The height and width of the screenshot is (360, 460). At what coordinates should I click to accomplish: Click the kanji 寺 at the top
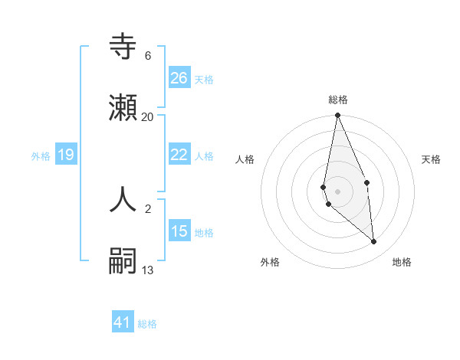(123, 47)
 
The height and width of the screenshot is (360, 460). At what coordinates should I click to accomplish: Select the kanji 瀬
(123, 106)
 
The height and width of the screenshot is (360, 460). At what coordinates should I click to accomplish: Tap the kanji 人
(123, 198)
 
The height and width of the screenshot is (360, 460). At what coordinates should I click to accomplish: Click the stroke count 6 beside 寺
(148, 56)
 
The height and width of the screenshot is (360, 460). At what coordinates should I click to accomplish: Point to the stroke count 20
(148, 116)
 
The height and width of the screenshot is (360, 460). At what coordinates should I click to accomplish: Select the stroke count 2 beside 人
(148, 208)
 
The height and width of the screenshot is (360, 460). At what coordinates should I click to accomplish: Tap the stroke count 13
(148, 270)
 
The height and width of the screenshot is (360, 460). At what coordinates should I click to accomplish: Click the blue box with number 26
(179, 77)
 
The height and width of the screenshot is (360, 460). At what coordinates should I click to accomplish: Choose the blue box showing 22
(179, 155)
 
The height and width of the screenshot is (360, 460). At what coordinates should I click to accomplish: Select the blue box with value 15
(179, 231)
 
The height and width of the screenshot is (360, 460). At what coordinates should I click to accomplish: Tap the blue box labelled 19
(66, 155)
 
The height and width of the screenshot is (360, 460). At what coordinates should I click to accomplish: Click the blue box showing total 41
(123, 322)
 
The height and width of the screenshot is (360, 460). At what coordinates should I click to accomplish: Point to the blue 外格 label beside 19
(41, 156)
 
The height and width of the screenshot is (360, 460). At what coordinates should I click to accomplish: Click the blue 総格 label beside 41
(147, 324)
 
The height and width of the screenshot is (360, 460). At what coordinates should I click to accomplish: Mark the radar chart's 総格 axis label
(338, 100)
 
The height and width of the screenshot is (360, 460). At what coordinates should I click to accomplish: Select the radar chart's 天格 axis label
(432, 159)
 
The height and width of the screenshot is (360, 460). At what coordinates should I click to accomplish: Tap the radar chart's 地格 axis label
(402, 262)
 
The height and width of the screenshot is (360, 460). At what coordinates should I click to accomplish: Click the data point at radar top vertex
(337, 116)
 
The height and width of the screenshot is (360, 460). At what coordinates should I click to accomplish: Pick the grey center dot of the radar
(337, 191)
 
